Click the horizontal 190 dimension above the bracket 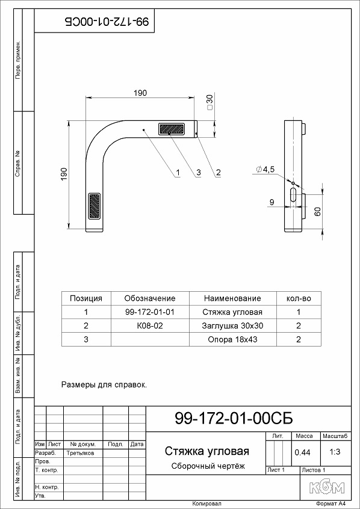click(x=140, y=93)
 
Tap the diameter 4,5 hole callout click(x=265, y=170)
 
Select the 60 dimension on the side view click(x=318, y=212)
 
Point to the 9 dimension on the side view click(x=272, y=202)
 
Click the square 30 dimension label click(x=209, y=102)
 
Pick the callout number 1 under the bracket click(x=178, y=172)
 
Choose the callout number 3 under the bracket click(x=198, y=172)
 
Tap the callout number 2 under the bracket click(x=219, y=172)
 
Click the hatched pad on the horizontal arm click(x=172, y=129)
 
